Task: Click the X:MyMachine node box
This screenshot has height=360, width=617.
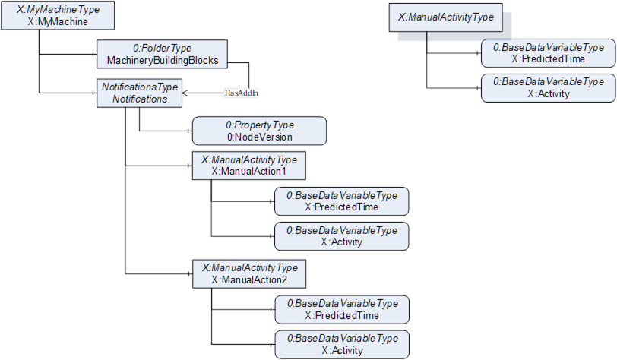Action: (x=59, y=16)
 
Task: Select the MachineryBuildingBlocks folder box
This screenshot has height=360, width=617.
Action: (x=163, y=54)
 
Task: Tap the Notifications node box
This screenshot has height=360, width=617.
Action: (x=140, y=93)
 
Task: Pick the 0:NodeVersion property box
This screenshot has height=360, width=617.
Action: (x=258, y=131)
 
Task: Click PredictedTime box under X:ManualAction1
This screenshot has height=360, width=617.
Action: (x=341, y=201)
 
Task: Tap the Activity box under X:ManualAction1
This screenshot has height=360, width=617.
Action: (x=341, y=236)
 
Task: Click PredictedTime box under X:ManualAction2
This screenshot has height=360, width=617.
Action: (x=341, y=309)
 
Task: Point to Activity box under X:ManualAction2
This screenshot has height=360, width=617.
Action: (x=341, y=344)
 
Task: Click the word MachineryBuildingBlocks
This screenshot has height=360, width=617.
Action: (x=163, y=60)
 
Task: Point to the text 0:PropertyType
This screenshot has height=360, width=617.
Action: (x=260, y=125)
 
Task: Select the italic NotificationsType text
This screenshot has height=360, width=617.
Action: (x=140, y=87)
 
